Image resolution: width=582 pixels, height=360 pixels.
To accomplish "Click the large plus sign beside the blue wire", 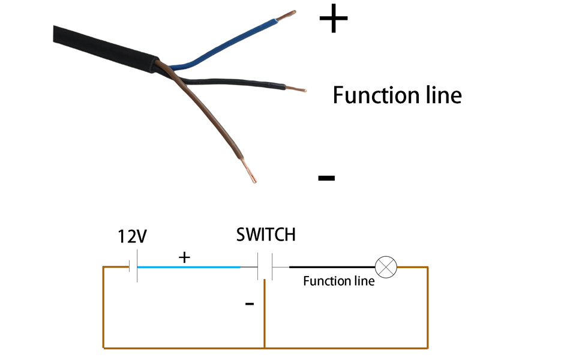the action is click(x=334, y=18).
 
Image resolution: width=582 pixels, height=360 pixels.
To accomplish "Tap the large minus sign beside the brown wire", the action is click(x=326, y=178).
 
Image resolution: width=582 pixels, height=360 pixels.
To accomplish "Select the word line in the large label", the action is click(x=444, y=95).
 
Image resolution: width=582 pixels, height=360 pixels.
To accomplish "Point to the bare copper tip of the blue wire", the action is click(x=286, y=15).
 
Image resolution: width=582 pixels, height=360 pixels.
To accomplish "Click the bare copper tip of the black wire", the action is click(x=296, y=89).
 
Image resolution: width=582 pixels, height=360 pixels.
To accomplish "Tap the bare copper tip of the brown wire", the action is click(x=248, y=171).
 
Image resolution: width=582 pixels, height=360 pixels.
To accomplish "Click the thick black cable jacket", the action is click(x=106, y=49).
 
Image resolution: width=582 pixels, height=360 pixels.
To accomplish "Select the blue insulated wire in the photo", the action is click(x=223, y=44).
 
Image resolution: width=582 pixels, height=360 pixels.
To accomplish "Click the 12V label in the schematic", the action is click(x=132, y=236).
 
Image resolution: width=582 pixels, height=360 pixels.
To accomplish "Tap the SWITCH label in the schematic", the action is click(x=266, y=235).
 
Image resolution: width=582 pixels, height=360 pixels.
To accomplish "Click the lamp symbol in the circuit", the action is click(x=386, y=267).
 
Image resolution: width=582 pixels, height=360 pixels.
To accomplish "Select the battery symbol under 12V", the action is click(x=133, y=266).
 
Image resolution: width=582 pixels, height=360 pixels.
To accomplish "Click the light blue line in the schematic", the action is click(x=189, y=267).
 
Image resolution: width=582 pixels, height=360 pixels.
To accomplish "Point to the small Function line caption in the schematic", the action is click(x=339, y=281).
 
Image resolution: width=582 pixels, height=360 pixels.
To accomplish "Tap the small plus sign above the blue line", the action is click(x=184, y=257).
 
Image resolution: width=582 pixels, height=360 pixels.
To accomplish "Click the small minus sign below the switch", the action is click(x=250, y=304).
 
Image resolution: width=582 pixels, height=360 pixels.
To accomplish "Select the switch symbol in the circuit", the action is click(x=265, y=266).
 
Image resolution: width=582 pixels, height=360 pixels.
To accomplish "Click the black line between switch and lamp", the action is click(x=332, y=267).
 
